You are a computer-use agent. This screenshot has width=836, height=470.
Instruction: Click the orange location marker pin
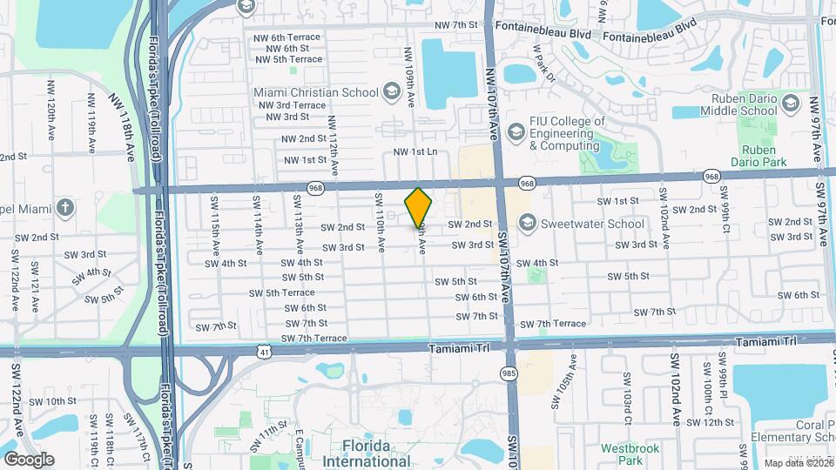419,207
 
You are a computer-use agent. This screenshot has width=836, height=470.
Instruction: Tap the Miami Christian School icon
393,92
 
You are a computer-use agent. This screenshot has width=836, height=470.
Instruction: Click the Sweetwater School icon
526,224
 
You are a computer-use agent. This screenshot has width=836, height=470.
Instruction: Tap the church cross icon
64,207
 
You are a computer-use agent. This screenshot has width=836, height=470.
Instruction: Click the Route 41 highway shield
264,350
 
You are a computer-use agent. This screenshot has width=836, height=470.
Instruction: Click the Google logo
29,459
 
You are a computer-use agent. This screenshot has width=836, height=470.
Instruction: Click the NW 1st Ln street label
415,151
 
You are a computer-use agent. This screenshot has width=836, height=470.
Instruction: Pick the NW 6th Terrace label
287,37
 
